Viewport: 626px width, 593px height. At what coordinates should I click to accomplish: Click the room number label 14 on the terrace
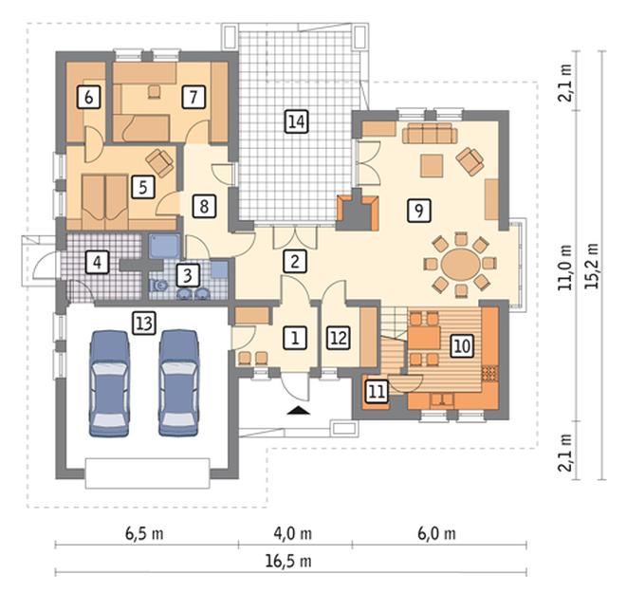tap(297, 121)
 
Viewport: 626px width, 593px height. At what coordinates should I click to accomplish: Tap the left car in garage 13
tap(109, 383)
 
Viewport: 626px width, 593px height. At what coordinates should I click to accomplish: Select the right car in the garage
tap(178, 382)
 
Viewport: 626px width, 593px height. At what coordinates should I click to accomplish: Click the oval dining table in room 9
tap(460, 265)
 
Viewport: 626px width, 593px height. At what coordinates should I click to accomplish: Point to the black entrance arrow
tap(299, 410)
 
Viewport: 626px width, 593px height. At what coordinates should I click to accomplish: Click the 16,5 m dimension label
tap(288, 561)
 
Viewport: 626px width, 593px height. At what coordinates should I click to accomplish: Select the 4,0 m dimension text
tap(293, 533)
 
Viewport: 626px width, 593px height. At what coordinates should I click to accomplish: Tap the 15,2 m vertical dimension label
tap(592, 265)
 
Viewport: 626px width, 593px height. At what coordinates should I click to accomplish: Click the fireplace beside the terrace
tap(358, 213)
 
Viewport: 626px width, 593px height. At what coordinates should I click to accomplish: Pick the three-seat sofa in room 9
tap(430, 133)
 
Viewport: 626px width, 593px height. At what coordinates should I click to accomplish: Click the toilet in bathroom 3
tap(158, 286)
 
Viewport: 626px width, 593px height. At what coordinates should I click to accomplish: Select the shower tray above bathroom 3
tap(164, 246)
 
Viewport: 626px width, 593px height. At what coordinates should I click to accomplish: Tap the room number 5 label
tap(143, 187)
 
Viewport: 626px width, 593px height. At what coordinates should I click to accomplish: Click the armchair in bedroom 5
tap(159, 162)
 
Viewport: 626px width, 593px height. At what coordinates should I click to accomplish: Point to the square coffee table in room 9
tap(432, 166)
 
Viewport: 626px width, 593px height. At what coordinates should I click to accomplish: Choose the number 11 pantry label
tap(377, 391)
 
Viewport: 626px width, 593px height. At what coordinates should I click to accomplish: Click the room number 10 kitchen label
tap(462, 345)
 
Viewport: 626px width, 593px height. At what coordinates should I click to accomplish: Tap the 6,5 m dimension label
tap(144, 533)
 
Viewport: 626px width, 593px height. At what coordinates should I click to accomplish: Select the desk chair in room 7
tap(154, 92)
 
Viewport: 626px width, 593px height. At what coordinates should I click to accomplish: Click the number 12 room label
tap(339, 338)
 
